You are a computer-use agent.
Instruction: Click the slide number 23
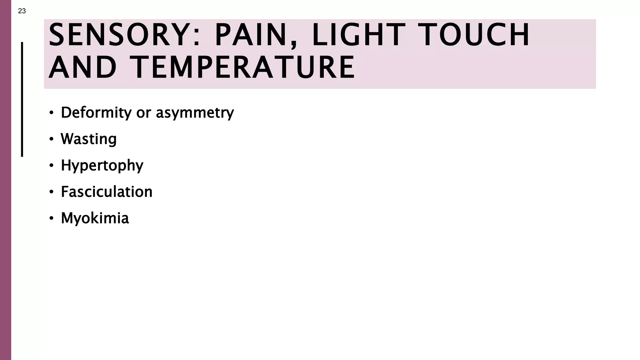(22, 11)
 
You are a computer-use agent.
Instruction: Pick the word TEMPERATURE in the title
(242, 67)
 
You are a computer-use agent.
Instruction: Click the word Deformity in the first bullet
(96, 112)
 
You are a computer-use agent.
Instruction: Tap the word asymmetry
(195, 112)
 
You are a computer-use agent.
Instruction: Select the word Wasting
(89, 139)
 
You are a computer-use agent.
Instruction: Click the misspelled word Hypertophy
(102, 165)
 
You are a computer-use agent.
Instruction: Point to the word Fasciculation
(107, 192)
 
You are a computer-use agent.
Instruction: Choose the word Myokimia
(95, 218)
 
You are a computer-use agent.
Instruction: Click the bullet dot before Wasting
(51, 139)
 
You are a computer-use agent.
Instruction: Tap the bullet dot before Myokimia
(51, 218)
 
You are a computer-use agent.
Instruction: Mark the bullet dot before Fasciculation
(51, 192)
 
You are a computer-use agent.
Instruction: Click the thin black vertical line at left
(22, 99)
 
